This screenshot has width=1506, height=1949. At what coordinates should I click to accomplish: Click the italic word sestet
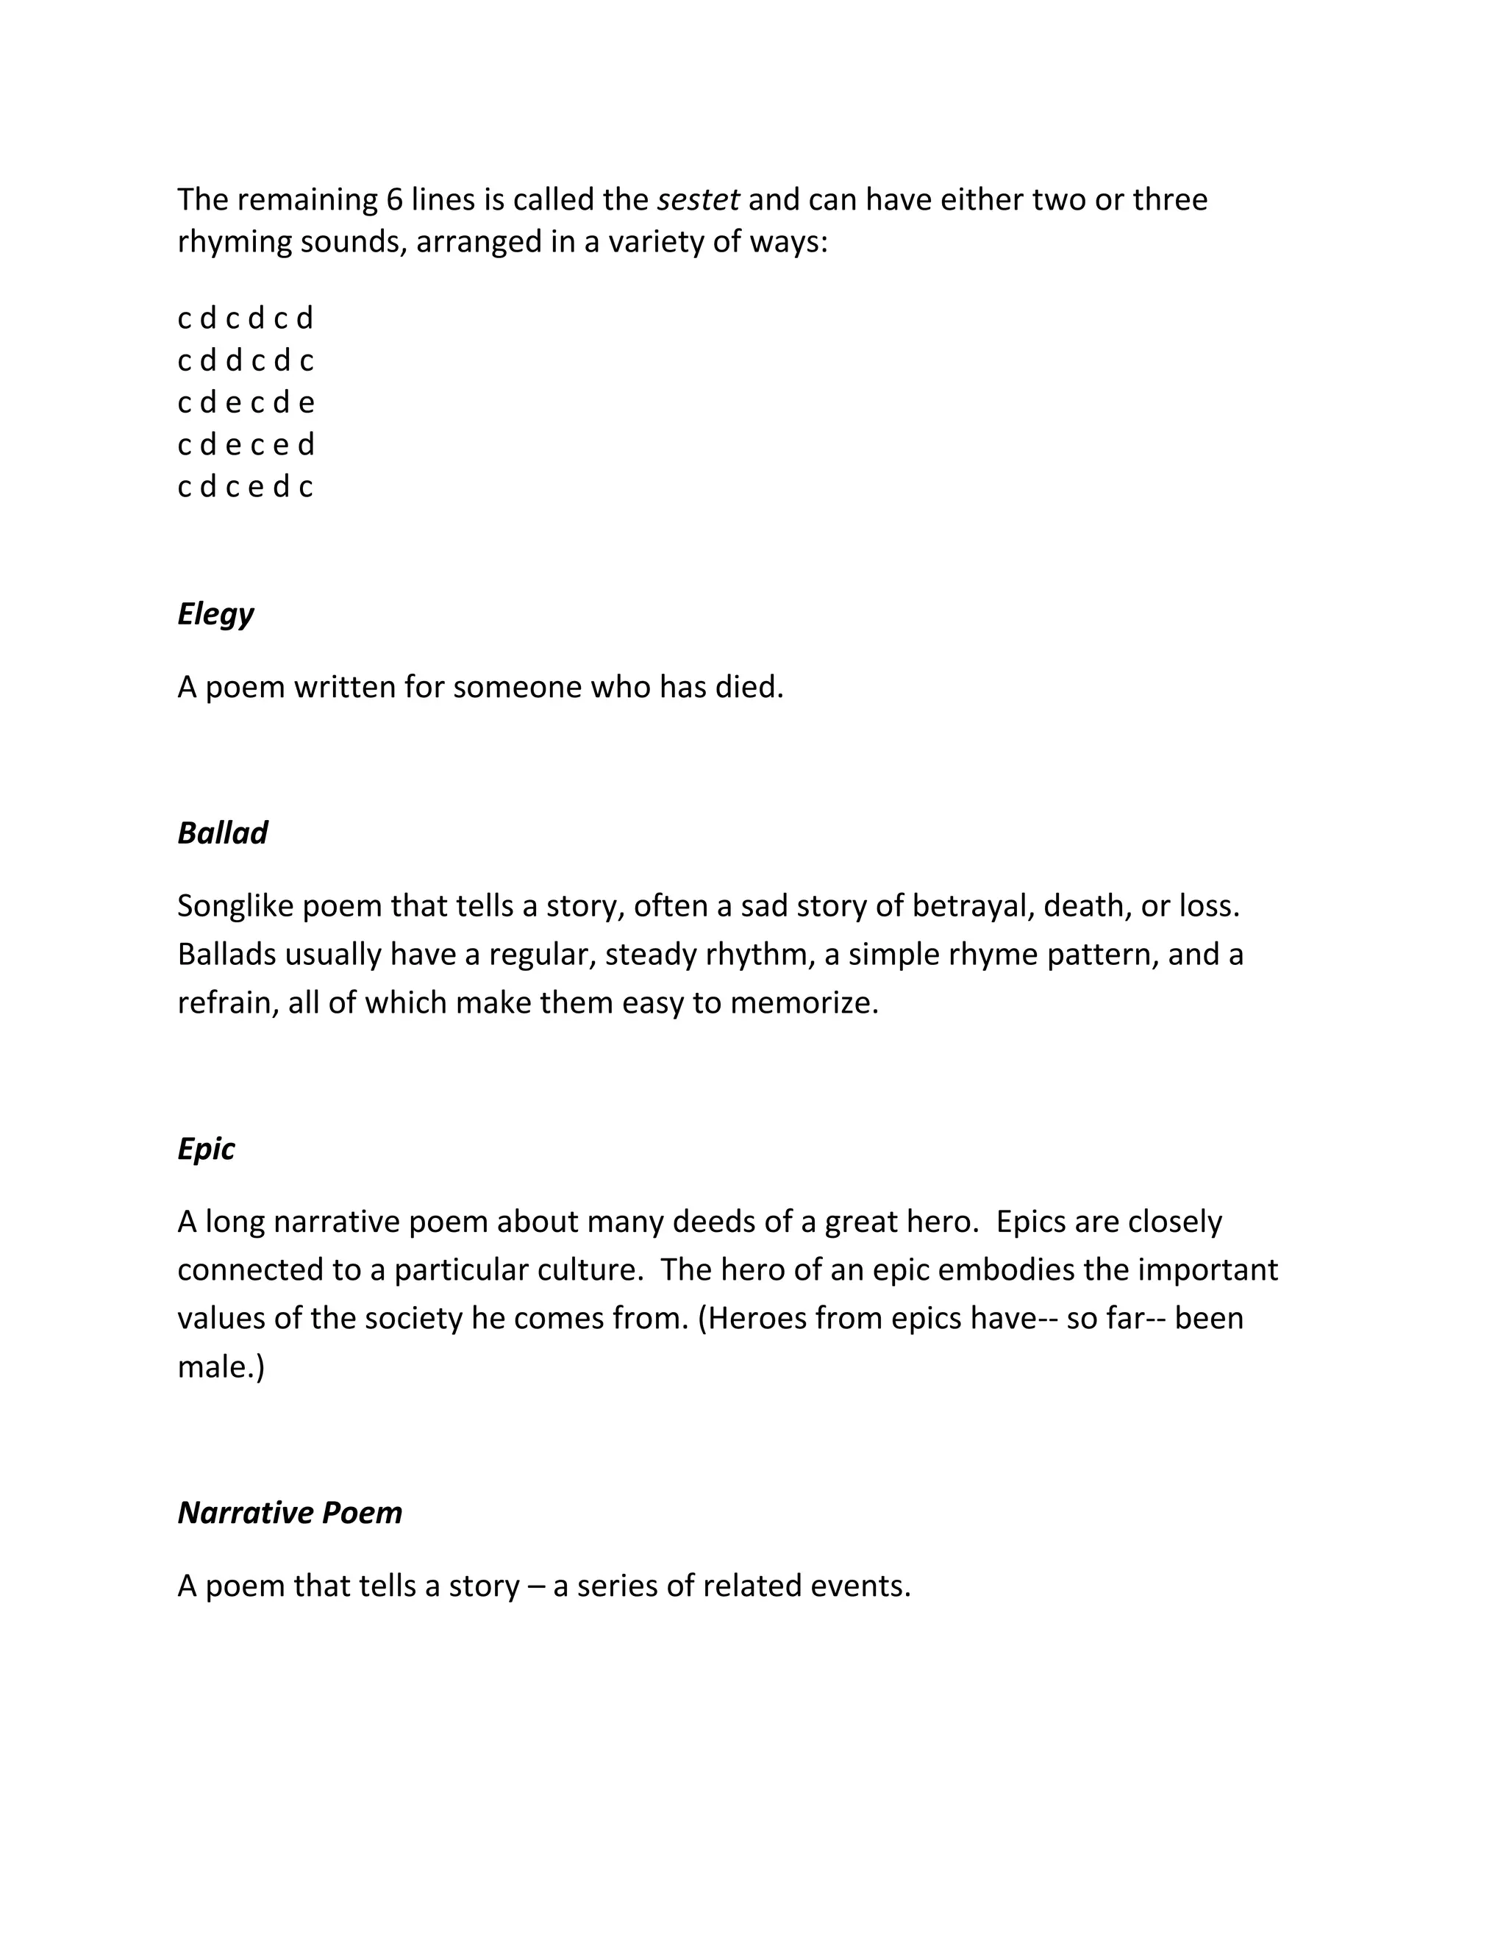click(698, 200)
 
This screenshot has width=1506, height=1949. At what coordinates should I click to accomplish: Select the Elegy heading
click(216, 614)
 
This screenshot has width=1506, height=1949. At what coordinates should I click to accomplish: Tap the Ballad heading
click(222, 833)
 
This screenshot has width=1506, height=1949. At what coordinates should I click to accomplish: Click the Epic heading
click(206, 1150)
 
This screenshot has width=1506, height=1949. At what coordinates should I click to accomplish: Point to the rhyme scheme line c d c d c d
click(246, 318)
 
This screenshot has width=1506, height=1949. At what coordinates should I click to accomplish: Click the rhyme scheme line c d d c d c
click(246, 360)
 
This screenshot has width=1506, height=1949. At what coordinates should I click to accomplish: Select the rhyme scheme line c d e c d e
click(246, 403)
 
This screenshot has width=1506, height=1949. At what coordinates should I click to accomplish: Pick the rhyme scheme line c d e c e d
click(246, 444)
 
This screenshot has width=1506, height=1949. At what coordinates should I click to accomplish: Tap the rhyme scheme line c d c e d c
click(246, 487)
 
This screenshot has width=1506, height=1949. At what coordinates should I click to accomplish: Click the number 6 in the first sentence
click(394, 200)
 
